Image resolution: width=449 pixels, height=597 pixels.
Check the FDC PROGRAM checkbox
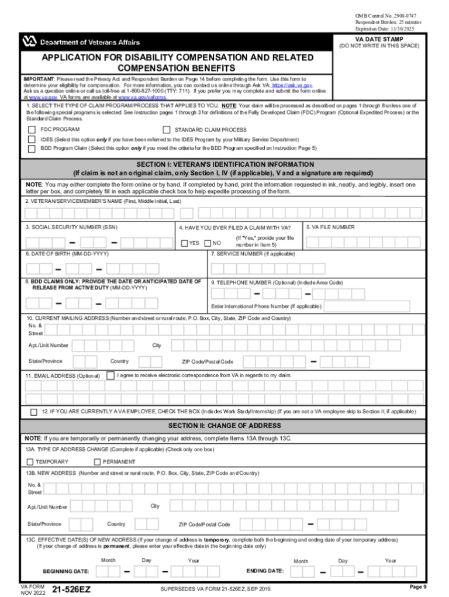[32, 130]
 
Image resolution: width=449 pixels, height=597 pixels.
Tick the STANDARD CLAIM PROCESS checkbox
[167, 130]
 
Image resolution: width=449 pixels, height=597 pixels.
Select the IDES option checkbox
[32, 140]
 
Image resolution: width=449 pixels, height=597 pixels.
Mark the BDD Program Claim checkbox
[32, 149]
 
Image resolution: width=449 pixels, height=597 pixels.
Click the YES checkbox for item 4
[184, 243]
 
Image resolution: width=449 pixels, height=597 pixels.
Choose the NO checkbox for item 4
[208, 243]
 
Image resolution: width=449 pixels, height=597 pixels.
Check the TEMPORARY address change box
[30, 462]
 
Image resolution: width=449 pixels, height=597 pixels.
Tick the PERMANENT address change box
[97, 462]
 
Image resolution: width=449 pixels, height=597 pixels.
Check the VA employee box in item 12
[34, 412]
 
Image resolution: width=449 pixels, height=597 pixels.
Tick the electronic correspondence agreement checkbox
[110, 375]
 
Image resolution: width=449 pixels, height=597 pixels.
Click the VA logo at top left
[29, 42]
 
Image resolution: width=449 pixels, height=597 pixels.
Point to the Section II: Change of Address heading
[224, 426]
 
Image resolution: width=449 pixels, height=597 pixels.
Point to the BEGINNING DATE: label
[66, 571]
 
